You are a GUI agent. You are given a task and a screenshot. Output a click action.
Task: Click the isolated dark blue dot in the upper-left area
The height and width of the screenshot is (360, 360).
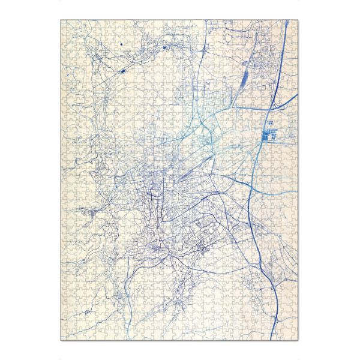(x=121, y=44)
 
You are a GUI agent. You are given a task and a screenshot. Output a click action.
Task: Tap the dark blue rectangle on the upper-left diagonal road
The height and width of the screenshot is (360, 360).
(x=124, y=70)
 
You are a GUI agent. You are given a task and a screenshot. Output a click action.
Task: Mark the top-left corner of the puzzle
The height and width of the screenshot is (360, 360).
(x=61, y=20)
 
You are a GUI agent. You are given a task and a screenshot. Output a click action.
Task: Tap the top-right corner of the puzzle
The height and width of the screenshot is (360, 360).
(x=299, y=20)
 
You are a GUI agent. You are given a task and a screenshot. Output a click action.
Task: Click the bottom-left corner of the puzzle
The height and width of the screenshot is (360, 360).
(x=61, y=340)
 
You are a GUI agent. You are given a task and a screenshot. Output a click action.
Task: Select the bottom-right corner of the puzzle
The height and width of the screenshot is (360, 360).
(x=299, y=340)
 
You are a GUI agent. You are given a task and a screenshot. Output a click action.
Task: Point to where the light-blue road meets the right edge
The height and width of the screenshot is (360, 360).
(x=299, y=191)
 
